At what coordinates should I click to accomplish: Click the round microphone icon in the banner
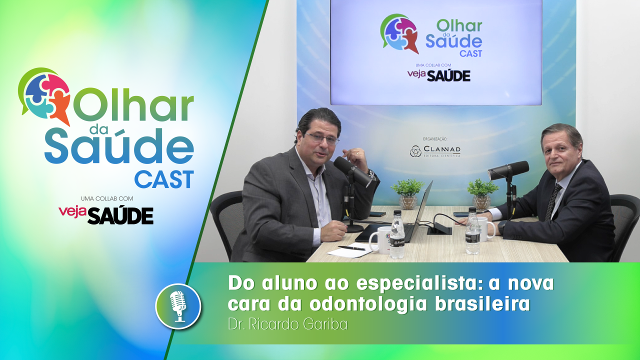pyautogui.click(x=178, y=306)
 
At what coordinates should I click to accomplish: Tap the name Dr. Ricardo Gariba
pyautogui.click(x=287, y=324)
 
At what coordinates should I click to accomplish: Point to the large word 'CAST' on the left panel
pyautogui.click(x=163, y=179)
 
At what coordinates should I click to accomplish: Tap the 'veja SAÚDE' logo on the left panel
pyautogui.click(x=106, y=214)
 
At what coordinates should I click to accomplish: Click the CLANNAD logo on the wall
pyautogui.click(x=434, y=150)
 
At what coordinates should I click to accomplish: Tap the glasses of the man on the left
pyautogui.click(x=322, y=138)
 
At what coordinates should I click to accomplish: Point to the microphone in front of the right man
pyautogui.click(x=508, y=170)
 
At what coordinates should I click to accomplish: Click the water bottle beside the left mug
pyautogui.click(x=397, y=234)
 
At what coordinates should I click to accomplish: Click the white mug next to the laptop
pyautogui.click(x=380, y=239)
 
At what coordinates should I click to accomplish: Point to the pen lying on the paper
pyautogui.click(x=351, y=247)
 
